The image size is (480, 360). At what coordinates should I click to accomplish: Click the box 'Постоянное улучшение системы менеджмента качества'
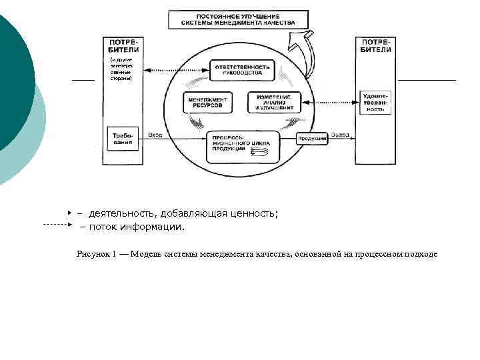click(x=238, y=19)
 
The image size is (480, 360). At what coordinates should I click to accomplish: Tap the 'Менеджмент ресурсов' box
click(x=207, y=102)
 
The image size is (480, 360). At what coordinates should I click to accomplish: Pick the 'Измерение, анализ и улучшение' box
click(x=274, y=102)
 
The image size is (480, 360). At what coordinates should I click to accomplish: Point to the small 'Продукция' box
click(x=312, y=138)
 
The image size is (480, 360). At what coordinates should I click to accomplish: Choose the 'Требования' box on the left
click(x=123, y=139)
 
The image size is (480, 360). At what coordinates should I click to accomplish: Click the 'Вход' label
click(x=155, y=135)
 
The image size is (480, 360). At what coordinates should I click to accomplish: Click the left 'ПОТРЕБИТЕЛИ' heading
click(x=124, y=45)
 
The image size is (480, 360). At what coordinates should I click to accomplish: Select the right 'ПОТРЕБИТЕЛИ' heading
click(x=376, y=45)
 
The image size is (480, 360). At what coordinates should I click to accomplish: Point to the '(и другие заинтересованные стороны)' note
click(x=121, y=69)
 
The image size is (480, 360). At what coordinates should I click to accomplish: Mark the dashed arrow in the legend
click(x=56, y=225)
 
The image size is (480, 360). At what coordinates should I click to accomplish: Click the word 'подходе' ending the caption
click(x=421, y=254)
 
